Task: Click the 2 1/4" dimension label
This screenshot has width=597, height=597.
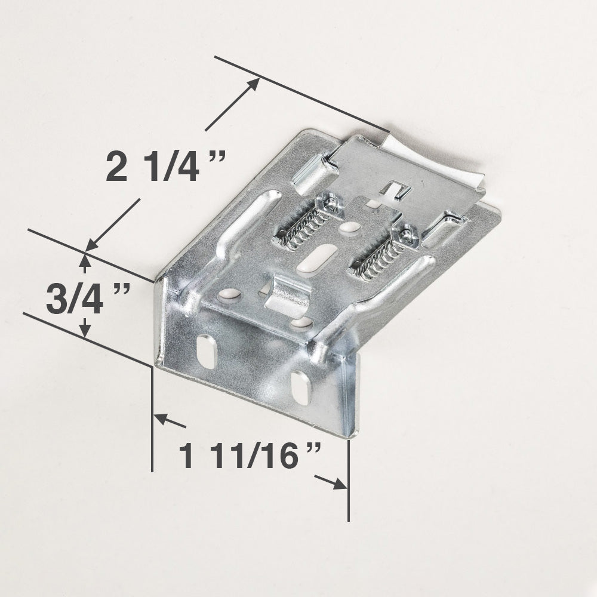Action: [165, 167]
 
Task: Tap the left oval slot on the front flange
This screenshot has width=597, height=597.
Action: [207, 351]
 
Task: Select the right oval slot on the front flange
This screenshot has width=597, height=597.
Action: [301, 387]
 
